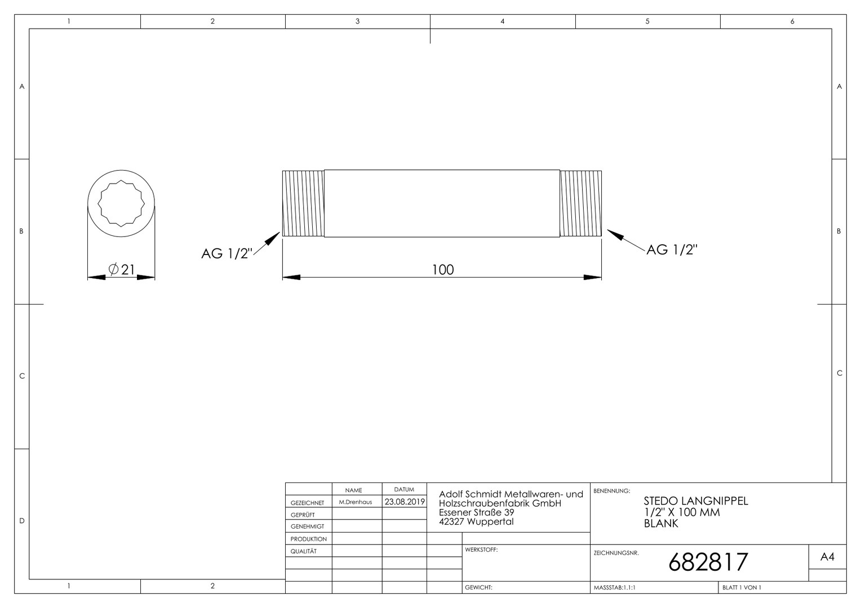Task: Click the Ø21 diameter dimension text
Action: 122,269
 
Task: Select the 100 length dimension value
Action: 443,270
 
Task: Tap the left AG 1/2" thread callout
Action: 227,253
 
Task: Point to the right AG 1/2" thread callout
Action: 672,249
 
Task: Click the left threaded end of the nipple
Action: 303,204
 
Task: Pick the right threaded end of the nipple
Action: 581,204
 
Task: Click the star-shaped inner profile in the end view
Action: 121,203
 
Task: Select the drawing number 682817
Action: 708,562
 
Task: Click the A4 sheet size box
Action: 827,557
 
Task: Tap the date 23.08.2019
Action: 405,502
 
